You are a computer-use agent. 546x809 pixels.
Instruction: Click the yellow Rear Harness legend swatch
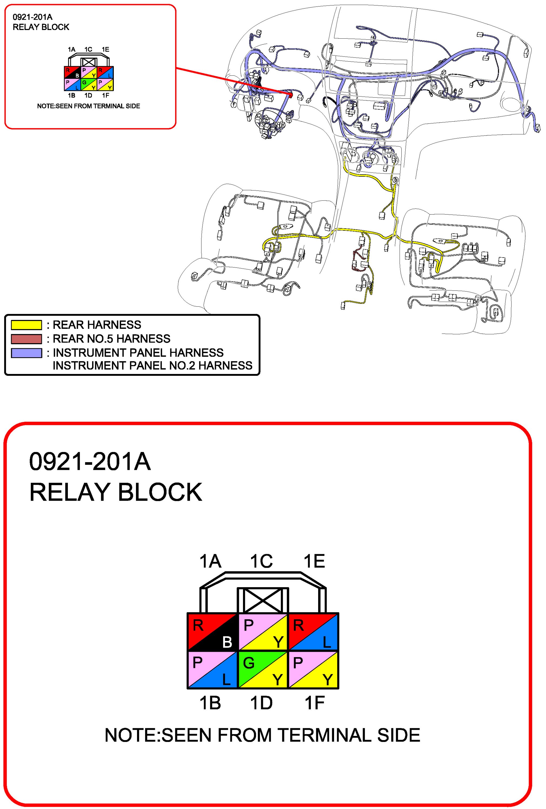[26, 325]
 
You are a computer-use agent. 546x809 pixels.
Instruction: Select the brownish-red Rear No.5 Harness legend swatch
[26, 339]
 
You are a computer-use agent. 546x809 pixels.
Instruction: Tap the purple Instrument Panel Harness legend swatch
[26, 353]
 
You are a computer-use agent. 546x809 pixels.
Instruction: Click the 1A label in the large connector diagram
[210, 561]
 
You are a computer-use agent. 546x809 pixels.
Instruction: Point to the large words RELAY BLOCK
[116, 492]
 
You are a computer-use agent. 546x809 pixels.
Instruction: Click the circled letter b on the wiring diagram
[395, 180]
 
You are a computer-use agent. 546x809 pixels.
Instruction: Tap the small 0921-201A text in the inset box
[32, 17]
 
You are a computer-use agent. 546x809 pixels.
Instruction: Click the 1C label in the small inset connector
[88, 49]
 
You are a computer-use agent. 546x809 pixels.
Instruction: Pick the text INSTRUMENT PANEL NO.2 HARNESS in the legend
[152, 366]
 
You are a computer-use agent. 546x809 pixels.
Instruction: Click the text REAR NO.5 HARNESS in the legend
[111, 339]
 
